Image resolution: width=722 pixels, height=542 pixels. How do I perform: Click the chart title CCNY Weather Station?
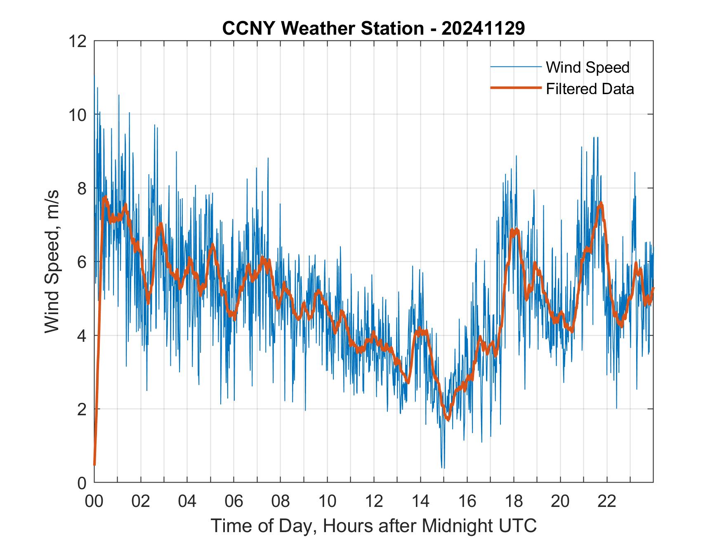click(323, 28)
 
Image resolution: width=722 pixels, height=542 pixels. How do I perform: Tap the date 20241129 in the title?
click(483, 28)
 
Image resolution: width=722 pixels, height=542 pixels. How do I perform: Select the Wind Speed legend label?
click(588, 67)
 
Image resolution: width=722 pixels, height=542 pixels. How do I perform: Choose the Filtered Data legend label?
click(590, 89)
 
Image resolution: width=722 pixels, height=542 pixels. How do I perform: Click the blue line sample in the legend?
click(516, 67)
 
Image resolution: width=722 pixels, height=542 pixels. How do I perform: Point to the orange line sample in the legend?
click(516, 88)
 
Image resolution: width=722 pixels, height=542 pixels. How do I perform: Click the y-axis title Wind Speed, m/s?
click(52, 261)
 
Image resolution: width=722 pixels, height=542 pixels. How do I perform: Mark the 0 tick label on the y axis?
click(82, 483)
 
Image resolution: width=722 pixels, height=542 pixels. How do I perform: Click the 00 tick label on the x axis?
click(94, 502)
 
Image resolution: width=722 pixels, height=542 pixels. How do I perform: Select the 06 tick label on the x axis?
click(234, 502)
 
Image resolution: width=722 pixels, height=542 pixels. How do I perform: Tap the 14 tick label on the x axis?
click(420, 502)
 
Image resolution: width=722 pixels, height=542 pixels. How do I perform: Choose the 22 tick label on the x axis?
click(607, 502)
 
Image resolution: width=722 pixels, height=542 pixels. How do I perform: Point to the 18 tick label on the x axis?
click(514, 502)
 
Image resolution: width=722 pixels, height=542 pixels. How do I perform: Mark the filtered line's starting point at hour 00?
click(94, 465)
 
